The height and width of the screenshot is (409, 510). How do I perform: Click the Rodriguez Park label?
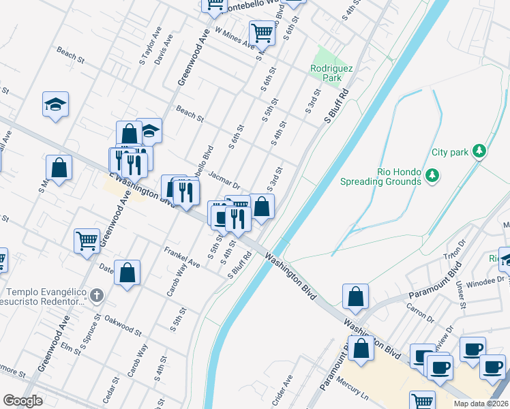(x=326, y=73)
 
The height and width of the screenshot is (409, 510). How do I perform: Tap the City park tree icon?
(x=480, y=151)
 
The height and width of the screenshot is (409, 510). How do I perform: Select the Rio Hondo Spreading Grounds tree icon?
(x=432, y=177)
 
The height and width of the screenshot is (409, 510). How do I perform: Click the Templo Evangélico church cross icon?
(x=97, y=296)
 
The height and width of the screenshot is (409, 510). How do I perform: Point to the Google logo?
(x=22, y=401)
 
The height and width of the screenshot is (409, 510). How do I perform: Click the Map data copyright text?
(x=483, y=403)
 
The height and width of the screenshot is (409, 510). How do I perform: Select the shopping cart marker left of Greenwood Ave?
(x=87, y=240)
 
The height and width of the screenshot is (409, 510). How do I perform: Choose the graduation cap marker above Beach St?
(x=56, y=104)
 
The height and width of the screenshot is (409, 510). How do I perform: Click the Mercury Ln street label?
(x=355, y=389)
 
